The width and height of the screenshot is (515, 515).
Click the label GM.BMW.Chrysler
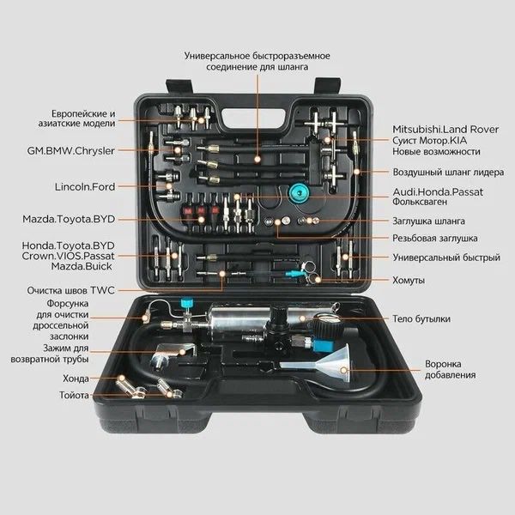[70, 151]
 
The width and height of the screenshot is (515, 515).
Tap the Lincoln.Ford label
[85, 187]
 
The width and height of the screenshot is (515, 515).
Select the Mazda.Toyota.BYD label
[69, 219]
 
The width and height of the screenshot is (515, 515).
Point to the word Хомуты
[409, 281]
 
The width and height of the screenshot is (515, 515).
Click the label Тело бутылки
[421, 319]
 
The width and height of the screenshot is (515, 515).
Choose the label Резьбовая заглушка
[435, 238]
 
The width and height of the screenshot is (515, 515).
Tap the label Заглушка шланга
[428, 221]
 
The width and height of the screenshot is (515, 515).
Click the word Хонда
[76, 379]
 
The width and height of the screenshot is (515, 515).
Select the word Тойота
[74, 395]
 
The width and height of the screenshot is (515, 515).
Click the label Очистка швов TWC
[71, 291]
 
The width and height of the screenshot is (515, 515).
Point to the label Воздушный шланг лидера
[448, 173]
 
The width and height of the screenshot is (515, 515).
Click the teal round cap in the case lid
[300, 193]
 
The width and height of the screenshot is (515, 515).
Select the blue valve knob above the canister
[186, 302]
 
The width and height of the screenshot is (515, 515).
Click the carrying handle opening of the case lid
[253, 119]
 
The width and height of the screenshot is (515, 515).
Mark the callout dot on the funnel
[344, 371]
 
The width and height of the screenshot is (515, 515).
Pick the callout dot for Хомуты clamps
[318, 280]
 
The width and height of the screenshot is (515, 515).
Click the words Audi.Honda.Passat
[438, 192]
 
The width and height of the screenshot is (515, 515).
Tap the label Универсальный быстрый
[446, 257]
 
